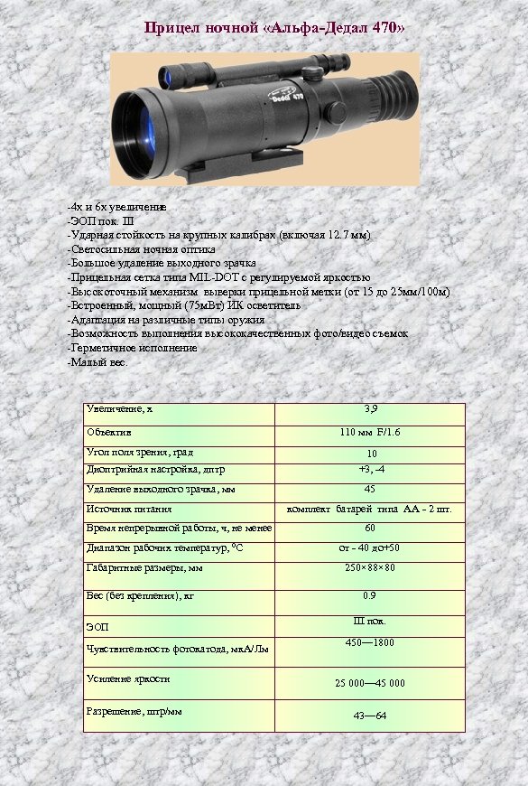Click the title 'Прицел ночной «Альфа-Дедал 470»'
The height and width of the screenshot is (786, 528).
274,29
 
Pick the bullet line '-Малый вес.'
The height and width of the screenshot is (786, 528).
98,361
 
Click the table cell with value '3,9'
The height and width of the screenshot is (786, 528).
370,409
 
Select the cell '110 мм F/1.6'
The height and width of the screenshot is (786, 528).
370,433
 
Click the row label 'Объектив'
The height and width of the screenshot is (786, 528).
107,432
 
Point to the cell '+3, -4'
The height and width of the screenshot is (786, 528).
370,469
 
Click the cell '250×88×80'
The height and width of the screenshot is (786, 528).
370,568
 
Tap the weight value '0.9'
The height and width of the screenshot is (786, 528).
370,595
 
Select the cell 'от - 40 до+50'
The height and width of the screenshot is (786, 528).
370,547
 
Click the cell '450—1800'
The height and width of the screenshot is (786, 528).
370,642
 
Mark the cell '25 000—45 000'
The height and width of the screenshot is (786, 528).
370,684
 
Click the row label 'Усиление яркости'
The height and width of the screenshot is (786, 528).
128,678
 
